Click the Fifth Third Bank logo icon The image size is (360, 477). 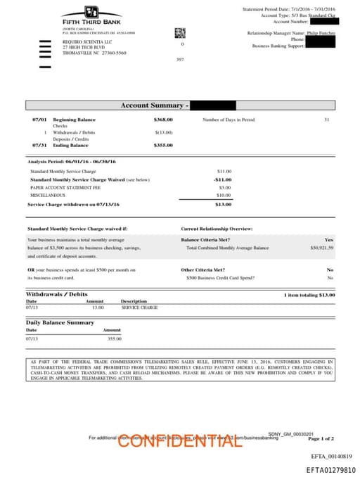click(91, 12)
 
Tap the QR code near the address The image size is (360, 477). click(179, 32)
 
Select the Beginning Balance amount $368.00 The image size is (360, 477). click(163, 120)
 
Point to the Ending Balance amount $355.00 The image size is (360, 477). click(163, 145)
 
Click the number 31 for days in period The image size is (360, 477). click(326, 120)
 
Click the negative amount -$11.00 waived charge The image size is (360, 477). click(223, 179)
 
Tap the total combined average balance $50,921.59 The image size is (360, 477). click(321, 248)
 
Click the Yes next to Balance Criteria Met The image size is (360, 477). click(329, 240)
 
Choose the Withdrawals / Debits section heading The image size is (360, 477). click(57, 294)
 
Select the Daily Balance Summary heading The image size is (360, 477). click(60, 322)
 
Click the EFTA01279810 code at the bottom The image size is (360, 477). click(330, 469)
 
